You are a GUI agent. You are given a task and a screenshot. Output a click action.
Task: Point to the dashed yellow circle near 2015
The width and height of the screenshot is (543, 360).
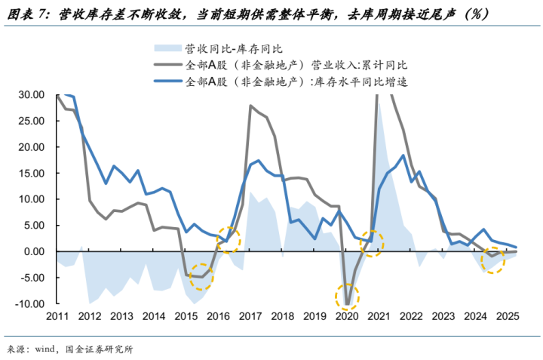pos(200,276)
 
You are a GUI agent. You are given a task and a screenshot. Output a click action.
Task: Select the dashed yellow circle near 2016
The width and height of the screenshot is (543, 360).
pos(227,240)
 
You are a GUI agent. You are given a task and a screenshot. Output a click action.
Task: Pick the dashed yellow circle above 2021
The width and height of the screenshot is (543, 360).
pos(371,242)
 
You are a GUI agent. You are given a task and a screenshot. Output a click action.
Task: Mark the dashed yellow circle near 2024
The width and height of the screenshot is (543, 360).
pos(492,260)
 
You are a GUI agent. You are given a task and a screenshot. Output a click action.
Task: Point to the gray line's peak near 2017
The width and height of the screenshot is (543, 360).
pos(250,106)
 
